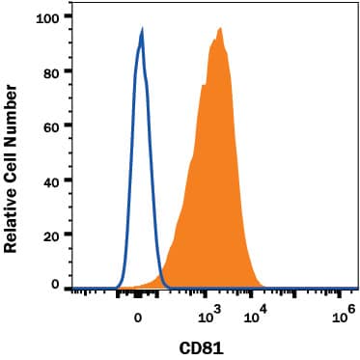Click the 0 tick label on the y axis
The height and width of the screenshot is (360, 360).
[x=54, y=286]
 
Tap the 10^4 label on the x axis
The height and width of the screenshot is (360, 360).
[x=254, y=314]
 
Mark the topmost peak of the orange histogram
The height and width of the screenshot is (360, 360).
[x=220, y=29]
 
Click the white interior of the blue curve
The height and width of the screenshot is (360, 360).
[x=139, y=193]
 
